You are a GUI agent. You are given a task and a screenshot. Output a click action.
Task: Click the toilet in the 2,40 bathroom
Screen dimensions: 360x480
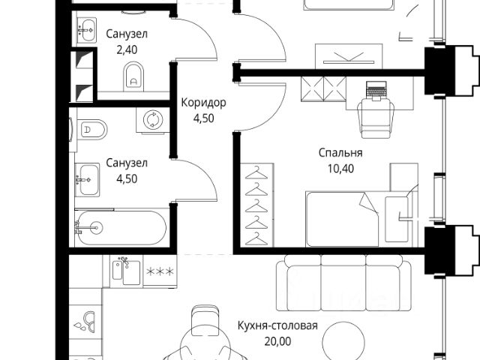pyautogui.click(x=133, y=74)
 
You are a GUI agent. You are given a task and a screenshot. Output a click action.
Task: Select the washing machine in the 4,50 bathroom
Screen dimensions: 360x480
pyautogui.click(x=153, y=119)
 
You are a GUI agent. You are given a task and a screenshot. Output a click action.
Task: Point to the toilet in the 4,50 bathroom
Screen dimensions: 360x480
pyautogui.click(x=89, y=130)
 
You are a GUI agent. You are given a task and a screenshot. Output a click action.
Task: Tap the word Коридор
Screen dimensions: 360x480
pyautogui.click(x=203, y=103)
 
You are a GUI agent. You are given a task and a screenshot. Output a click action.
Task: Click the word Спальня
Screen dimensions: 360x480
pyautogui.click(x=336, y=153)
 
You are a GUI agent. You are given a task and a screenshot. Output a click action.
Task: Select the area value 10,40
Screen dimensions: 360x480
pyautogui.click(x=336, y=167)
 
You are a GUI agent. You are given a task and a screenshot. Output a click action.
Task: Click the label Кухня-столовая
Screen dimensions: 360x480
pyautogui.click(x=277, y=326)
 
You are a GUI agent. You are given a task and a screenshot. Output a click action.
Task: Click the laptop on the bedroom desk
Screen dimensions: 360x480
pyautogui.click(x=374, y=89)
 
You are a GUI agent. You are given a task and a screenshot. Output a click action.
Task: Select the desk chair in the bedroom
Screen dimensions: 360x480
pyautogui.click(x=374, y=116)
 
